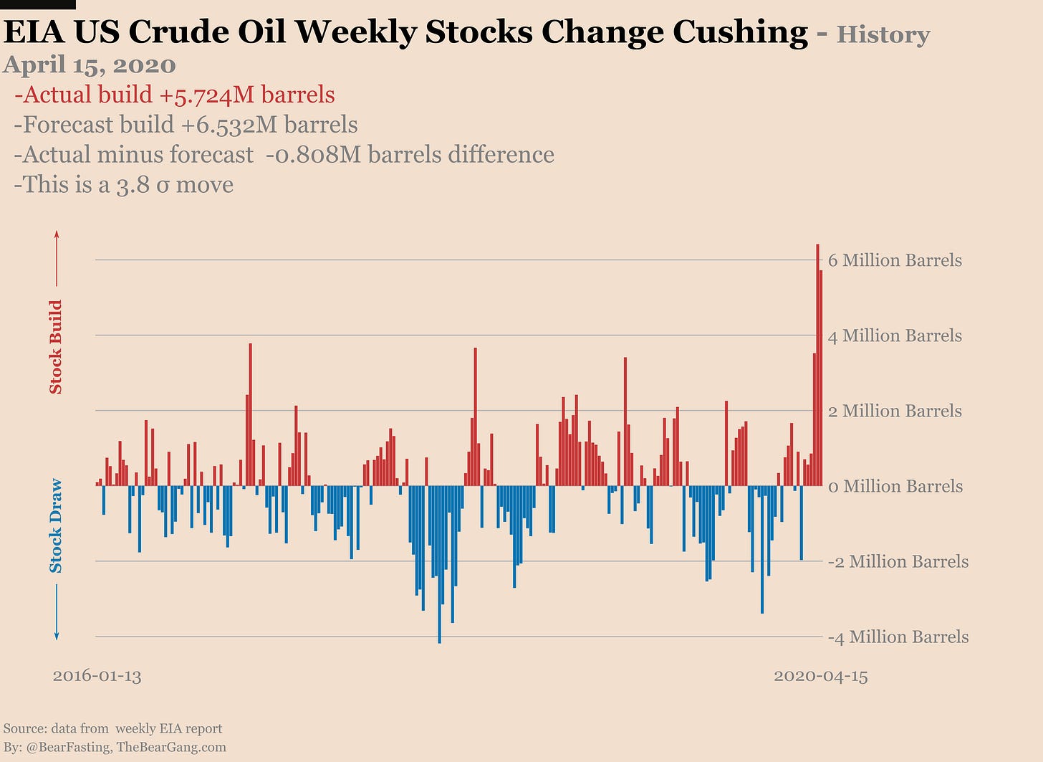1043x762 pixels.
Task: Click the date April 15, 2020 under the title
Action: click(x=90, y=65)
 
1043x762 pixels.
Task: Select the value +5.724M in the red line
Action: click(x=206, y=95)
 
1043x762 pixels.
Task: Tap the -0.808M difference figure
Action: click(x=313, y=155)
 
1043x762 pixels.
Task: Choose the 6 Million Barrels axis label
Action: click(x=895, y=260)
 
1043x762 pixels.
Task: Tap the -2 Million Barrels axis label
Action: click(x=898, y=561)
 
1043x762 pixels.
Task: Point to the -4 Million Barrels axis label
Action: click(x=898, y=637)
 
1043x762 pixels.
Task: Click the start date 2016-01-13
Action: click(x=97, y=675)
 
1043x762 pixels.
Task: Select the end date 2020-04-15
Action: click(x=820, y=675)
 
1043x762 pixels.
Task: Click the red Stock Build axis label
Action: click(x=56, y=347)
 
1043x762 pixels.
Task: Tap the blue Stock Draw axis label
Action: click(x=56, y=525)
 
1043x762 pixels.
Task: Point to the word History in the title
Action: click(x=883, y=34)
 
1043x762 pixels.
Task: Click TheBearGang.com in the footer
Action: click(x=176, y=747)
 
